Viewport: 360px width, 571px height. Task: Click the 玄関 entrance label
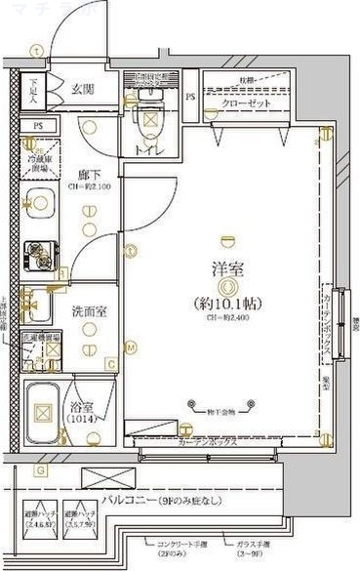click(82, 89)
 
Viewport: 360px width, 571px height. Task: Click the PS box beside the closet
click(191, 98)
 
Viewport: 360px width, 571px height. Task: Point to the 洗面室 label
click(89, 312)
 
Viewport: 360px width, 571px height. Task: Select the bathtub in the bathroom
click(43, 411)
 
